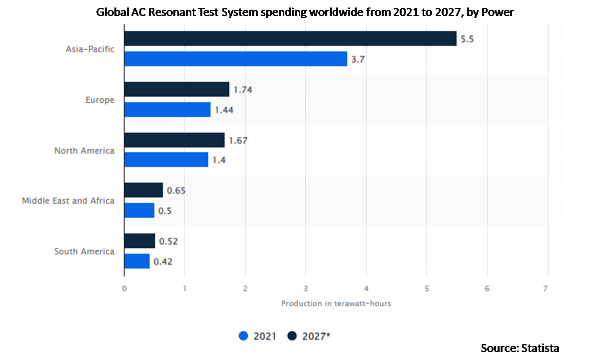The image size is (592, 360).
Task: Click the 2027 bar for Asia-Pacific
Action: [x=290, y=38]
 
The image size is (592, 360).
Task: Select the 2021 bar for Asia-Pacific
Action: [x=235, y=59]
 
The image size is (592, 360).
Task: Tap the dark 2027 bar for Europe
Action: [x=176, y=89]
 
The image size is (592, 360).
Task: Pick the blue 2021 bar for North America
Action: [x=166, y=159]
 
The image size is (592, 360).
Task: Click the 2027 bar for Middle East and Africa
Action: [x=143, y=190]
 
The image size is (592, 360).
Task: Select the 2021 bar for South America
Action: [x=137, y=261]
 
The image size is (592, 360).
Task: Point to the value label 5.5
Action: [x=467, y=39]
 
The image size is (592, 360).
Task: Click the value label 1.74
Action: [x=243, y=89]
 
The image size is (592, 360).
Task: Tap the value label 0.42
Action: [x=163, y=261]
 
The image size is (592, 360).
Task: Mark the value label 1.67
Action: [x=238, y=140]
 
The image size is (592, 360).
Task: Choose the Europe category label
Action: [x=99, y=100]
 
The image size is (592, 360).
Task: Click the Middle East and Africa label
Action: [x=68, y=200]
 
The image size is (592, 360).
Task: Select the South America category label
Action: [x=84, y=251]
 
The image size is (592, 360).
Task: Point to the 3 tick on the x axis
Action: [x=306, y=288]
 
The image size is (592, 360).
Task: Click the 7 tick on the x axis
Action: [x=546, y=288]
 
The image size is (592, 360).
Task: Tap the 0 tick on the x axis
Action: [x=124, y=288]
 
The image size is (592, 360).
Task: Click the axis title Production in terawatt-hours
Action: [x=336, y=303]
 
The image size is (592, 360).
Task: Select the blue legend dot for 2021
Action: [x=244, y=336]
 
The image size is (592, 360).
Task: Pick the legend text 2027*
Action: [x=316, y=336]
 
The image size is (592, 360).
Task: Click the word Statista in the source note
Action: [x=541, y=348]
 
